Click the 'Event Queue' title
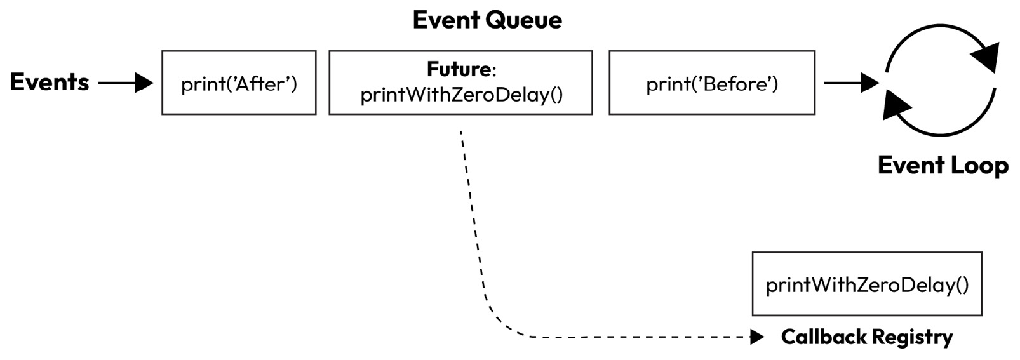click(x=487, y=20)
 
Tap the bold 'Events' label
click(x=50, y=82)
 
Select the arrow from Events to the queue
click(x=126, y=83)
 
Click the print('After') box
click(x=239, y=83)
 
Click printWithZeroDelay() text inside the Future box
click(x=462, y=95)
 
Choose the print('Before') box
click(x=711, y=83)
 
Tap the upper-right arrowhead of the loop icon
click(x=986, y=56)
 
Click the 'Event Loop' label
click(x=943, y=166)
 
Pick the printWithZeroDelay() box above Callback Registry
click(x=867, y=284)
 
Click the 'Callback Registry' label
click(x=866, y=337)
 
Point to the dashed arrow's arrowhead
click(x=756, y=337)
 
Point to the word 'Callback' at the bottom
click(x=823, y=337)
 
